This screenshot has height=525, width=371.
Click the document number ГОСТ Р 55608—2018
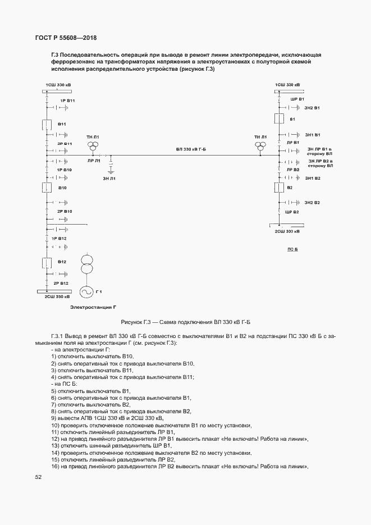66,38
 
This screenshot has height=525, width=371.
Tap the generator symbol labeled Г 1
86,292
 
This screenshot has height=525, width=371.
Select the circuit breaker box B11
47,125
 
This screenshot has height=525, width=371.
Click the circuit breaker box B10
47,188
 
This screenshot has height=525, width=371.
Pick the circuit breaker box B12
47,263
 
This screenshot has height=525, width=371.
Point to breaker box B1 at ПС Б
279,119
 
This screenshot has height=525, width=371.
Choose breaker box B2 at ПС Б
279,188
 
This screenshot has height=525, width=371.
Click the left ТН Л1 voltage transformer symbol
93,145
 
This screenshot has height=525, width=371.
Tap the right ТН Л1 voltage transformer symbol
260,145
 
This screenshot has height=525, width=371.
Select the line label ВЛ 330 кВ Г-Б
191,149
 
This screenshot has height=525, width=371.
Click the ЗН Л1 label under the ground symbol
109,179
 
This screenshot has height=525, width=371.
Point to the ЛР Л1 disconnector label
94,161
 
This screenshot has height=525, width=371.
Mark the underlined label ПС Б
293,249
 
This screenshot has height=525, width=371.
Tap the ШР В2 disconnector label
292,212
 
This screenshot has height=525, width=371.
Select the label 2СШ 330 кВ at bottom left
57,296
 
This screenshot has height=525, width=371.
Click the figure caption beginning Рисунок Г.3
186,322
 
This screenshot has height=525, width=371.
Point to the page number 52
38,477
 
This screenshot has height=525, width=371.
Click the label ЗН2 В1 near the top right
312,108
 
